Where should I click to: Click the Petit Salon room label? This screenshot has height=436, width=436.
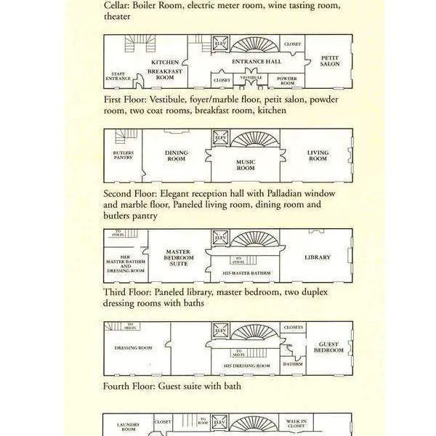coord(330,61)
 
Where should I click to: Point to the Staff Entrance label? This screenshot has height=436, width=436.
coord(118,76)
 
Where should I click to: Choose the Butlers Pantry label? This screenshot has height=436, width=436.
coord(124,156)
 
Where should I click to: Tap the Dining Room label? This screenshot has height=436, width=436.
coord(177,156)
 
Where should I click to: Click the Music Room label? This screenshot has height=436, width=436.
coord(246,165)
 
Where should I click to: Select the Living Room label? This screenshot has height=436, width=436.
coord(318,156)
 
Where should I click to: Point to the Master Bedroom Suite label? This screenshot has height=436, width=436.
coord(178,258)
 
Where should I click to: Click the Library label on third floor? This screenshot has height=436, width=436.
coord(318,257)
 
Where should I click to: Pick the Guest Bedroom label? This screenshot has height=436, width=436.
coord(328,347)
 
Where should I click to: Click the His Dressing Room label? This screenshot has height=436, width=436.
coord(246,366)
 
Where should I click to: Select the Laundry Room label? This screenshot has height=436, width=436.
coord(128,427)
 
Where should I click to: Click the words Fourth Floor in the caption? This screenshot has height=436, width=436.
coord(129,386)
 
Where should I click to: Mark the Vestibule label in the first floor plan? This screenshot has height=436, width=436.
coord(251,77)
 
